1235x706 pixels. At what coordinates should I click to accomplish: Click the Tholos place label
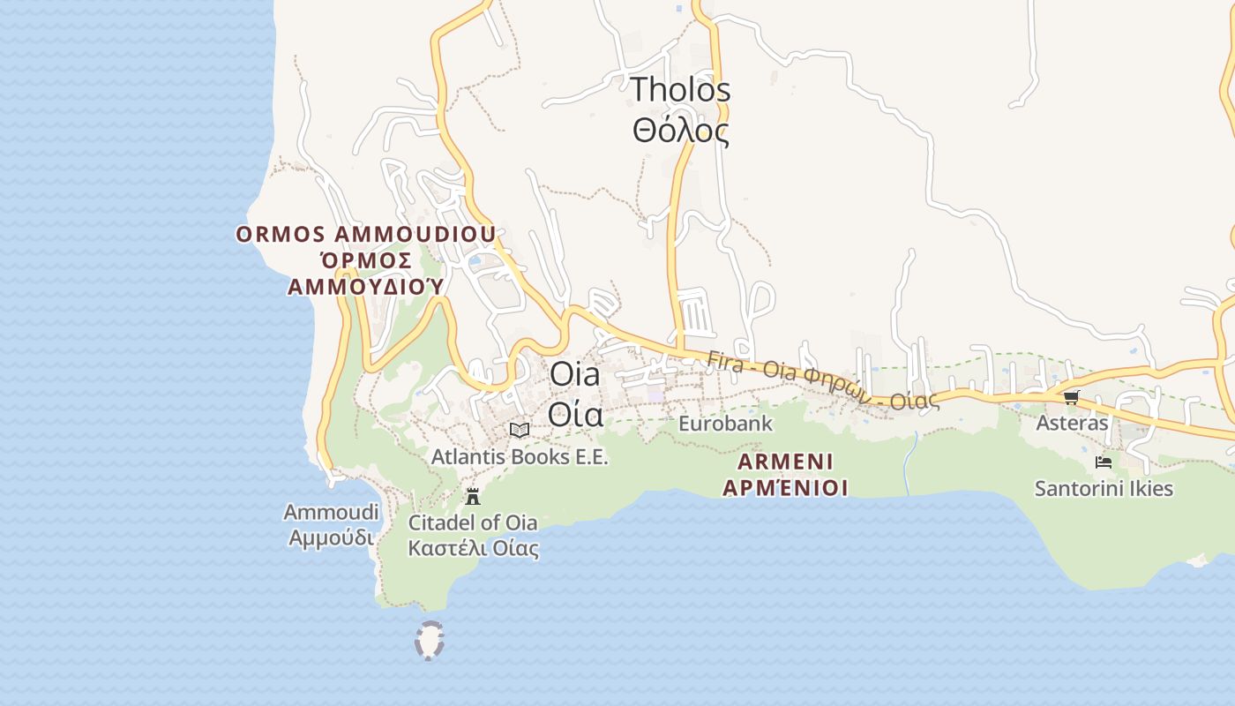pos(680,90)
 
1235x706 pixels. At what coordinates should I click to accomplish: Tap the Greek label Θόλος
pos(680,131)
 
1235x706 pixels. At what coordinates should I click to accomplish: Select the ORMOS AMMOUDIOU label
pos(365,235)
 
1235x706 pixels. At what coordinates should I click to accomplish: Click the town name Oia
pos(574,374)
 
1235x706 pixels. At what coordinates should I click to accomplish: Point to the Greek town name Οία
pos(575,414)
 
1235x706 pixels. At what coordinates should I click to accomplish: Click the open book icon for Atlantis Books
pos(520,430)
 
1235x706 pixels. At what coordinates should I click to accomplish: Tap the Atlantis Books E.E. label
pos(520,457)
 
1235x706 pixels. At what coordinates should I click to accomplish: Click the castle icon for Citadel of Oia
pos(473,496)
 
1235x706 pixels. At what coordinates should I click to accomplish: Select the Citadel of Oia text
pos(473,522)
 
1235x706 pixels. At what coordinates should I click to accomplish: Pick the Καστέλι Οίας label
pos(473,548)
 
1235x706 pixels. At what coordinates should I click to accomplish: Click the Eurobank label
pos(725,424)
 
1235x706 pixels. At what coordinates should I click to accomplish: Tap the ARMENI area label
pos(785,462)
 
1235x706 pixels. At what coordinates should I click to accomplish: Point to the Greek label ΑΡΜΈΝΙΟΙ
pos(785,488)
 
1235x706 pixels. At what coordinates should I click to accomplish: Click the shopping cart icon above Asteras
pos(1071,397)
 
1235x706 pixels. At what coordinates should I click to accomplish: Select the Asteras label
pos(1071,423)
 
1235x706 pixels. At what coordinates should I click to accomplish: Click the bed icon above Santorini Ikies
pos(1103,462)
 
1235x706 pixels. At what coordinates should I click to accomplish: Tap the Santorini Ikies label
pos(1104,488)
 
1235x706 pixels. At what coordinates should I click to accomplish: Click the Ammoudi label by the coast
pos(331,513)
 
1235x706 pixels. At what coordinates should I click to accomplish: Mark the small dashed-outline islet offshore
pos(429,641)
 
